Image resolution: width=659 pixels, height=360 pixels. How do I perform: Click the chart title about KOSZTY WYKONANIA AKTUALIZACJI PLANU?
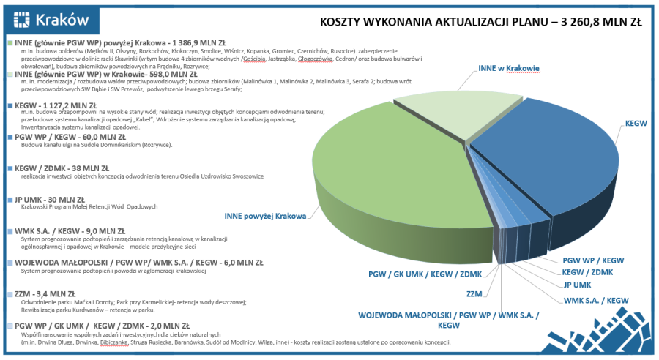[481, 22]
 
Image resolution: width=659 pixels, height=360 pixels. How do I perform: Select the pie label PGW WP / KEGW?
[593, 260]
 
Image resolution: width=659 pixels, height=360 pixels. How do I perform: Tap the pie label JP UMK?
[578, 285]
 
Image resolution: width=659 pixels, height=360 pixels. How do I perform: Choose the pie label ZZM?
[475, 293]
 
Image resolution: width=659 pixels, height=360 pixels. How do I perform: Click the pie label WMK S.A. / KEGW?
[596, 300]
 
